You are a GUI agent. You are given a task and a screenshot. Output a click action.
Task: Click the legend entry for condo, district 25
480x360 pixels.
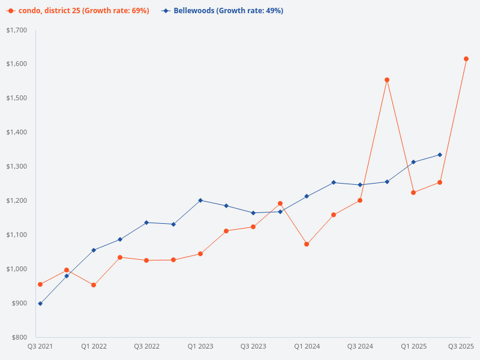[x=79, y=11]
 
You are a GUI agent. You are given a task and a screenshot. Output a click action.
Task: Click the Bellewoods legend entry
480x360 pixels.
[x=223, y=11]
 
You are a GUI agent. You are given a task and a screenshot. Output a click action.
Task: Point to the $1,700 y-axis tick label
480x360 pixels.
[x=17, y=30]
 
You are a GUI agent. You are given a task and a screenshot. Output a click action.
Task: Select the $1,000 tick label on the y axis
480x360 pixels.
[x=17, y=269]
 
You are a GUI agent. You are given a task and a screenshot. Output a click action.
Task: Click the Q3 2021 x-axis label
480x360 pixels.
[x=40, y=346]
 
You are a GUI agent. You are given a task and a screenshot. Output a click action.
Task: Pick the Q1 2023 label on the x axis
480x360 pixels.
[x=200, y=346]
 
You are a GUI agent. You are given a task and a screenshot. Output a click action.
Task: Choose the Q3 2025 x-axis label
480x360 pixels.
[x=461, y=346]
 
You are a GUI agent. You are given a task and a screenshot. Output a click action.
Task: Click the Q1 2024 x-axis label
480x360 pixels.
[x=307, y=346]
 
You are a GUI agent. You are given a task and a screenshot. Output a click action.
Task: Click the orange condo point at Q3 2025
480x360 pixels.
[x=466, y=59]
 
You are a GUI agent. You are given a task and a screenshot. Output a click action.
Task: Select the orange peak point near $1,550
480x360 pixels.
[x=387, y=80]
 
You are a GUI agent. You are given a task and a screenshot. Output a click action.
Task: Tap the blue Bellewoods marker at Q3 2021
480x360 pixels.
[x=40, y=304]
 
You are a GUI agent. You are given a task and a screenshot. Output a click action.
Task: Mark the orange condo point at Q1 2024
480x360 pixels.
[x=307, y=244]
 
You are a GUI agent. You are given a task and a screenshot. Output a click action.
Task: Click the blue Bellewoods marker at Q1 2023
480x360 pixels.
[x=200, y=200]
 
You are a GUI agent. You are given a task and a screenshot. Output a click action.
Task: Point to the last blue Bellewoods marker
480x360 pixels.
[x=440, y=155]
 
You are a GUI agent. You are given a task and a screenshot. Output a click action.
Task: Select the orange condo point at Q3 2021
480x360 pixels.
[x=40, y=284]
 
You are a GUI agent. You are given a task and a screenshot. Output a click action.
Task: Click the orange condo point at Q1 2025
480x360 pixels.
[x=413, y=193]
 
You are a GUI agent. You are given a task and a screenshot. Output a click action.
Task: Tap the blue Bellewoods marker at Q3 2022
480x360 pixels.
[x=146, y=223]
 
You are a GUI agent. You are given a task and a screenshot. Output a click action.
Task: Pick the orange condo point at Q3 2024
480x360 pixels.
[x=360, y=200]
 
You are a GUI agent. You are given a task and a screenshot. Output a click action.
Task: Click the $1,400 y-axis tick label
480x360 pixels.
[x=17, y=133]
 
